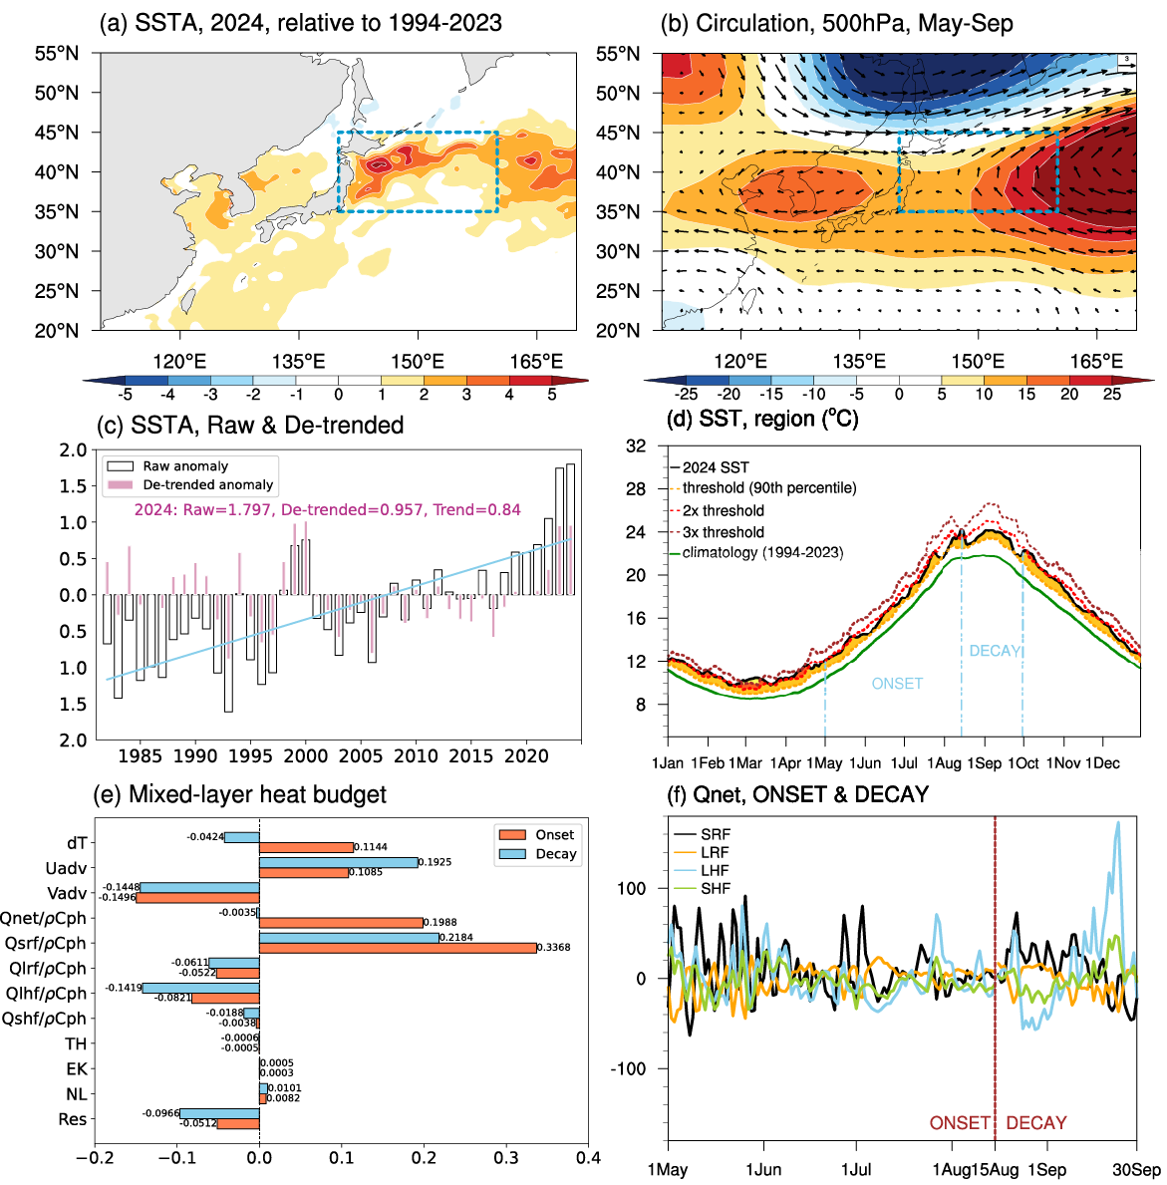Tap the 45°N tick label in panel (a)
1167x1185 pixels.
coord(57,133)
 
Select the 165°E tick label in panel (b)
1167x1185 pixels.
coord(1096,362)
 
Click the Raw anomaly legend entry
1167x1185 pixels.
coord(185,466)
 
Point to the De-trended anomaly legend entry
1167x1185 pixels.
coord(207,485)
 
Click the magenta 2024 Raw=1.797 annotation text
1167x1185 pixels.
coord(327,510)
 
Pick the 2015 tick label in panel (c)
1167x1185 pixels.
coord(470,756)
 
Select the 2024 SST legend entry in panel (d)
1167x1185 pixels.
coord(716,467)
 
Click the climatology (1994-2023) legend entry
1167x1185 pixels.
coord(762,553)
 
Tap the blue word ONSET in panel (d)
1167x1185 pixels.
coord(897,684)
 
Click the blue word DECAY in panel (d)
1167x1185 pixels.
coord(995,651)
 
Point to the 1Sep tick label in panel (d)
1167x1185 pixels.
coord(985,763)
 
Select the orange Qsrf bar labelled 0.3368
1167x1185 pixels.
coord(398,948)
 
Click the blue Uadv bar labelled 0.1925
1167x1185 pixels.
coord(338,862)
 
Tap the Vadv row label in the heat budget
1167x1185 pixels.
coord(67,894)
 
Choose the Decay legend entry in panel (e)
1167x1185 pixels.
coord(555,854)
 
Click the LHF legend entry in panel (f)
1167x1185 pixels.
coord(715,870)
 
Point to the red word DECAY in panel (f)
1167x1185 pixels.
coord(1035,1123)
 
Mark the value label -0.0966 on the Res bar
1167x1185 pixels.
coord(160,1113)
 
